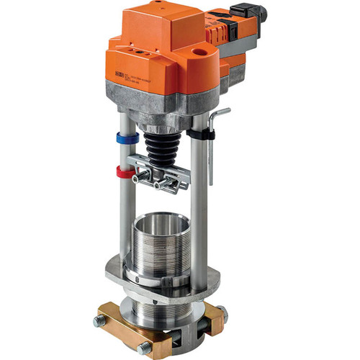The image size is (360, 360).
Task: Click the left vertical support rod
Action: point(127,209)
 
